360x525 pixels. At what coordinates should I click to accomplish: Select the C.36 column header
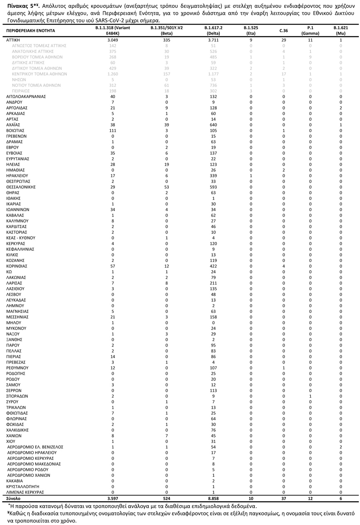click(284, 31)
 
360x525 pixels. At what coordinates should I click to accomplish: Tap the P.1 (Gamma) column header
click(310, 30)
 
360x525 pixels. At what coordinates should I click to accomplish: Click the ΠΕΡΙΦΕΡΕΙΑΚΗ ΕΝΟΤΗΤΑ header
click(31, 31)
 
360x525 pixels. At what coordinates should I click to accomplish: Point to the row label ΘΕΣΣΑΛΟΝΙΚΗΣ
click(21, 187)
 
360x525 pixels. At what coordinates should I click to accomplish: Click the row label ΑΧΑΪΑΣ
click(13, 125)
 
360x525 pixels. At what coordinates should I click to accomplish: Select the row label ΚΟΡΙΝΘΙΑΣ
click(17, 266)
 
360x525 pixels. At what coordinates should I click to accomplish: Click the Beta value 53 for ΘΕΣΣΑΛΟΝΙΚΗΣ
click(167, 187)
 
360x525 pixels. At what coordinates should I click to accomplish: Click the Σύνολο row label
click(14, 498)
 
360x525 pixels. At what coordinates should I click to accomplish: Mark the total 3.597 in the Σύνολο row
click(113, 498)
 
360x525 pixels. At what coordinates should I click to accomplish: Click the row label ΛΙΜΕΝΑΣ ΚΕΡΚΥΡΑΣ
click(25, 492)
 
